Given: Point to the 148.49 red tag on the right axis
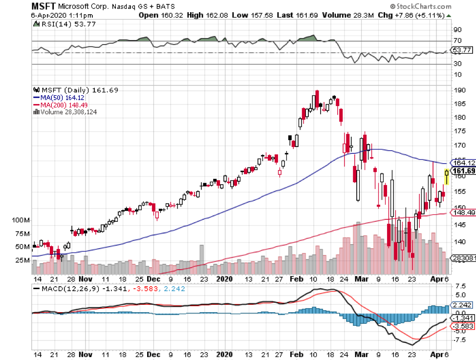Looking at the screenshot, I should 464,212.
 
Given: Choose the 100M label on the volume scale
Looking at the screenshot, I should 22,220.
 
